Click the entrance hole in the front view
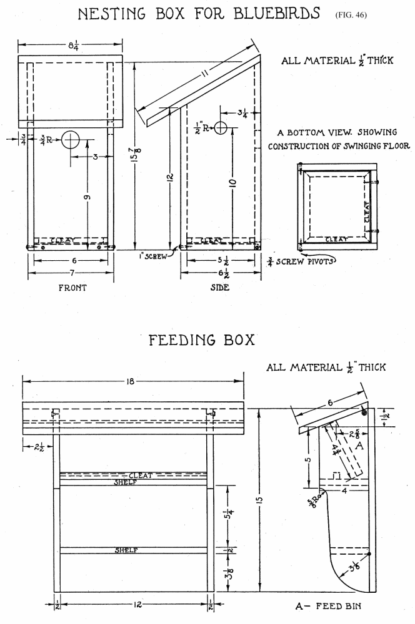pyautogui.click(x=72, y=140)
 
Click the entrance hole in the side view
pyautogui.click(x=221, y=129)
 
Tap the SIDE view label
pyautogui.click(x=220, y=288)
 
